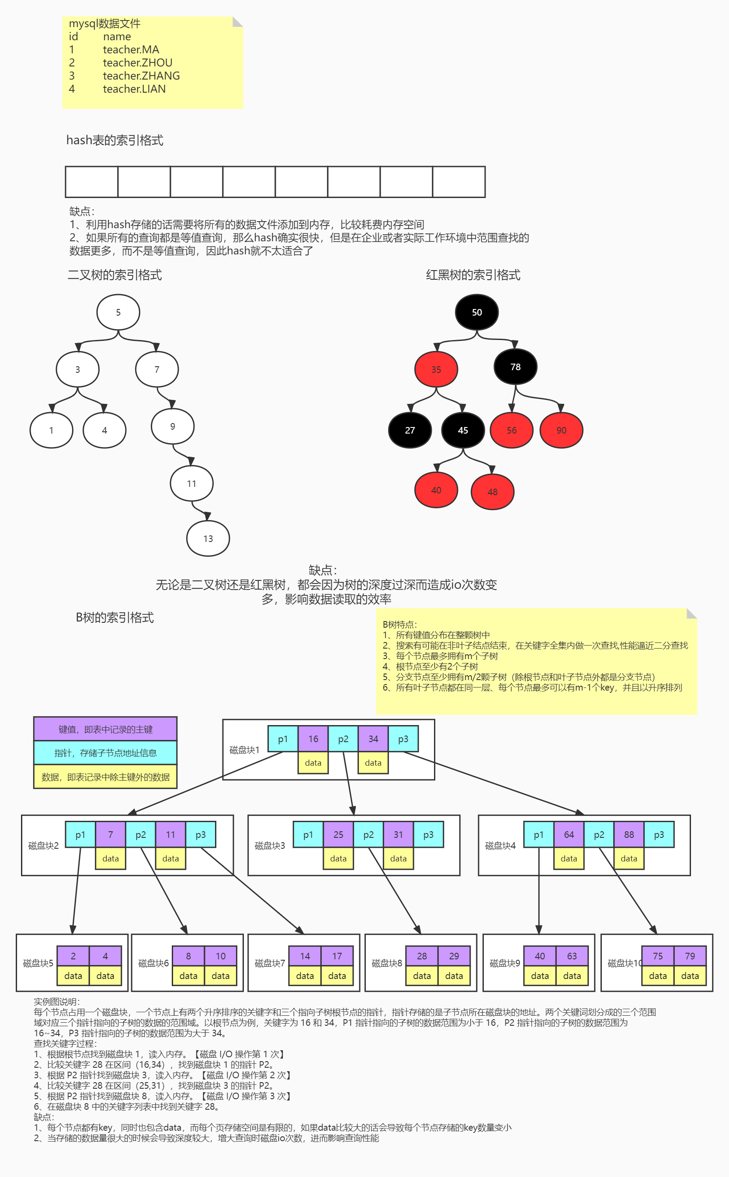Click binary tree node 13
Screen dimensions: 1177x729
208,538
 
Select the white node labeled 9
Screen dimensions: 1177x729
173,426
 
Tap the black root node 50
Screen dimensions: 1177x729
476,312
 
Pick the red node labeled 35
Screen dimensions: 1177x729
436,369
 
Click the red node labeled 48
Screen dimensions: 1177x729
492,492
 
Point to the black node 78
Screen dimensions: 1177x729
515,367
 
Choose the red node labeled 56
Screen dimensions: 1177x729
511,430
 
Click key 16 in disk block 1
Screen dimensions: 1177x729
313,739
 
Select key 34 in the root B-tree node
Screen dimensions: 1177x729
373,739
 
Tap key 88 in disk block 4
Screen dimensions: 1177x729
629,835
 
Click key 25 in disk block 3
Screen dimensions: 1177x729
338,835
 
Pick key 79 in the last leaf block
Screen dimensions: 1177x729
690,956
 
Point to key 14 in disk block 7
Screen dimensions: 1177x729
305,956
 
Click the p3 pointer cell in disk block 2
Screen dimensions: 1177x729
201,835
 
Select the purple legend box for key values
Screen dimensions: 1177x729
105,729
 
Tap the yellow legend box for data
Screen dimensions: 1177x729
105,777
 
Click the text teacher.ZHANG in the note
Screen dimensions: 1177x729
141,76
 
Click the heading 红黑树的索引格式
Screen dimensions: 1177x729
473,275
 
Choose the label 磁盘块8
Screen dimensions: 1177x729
387,963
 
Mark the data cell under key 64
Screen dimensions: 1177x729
569,858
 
